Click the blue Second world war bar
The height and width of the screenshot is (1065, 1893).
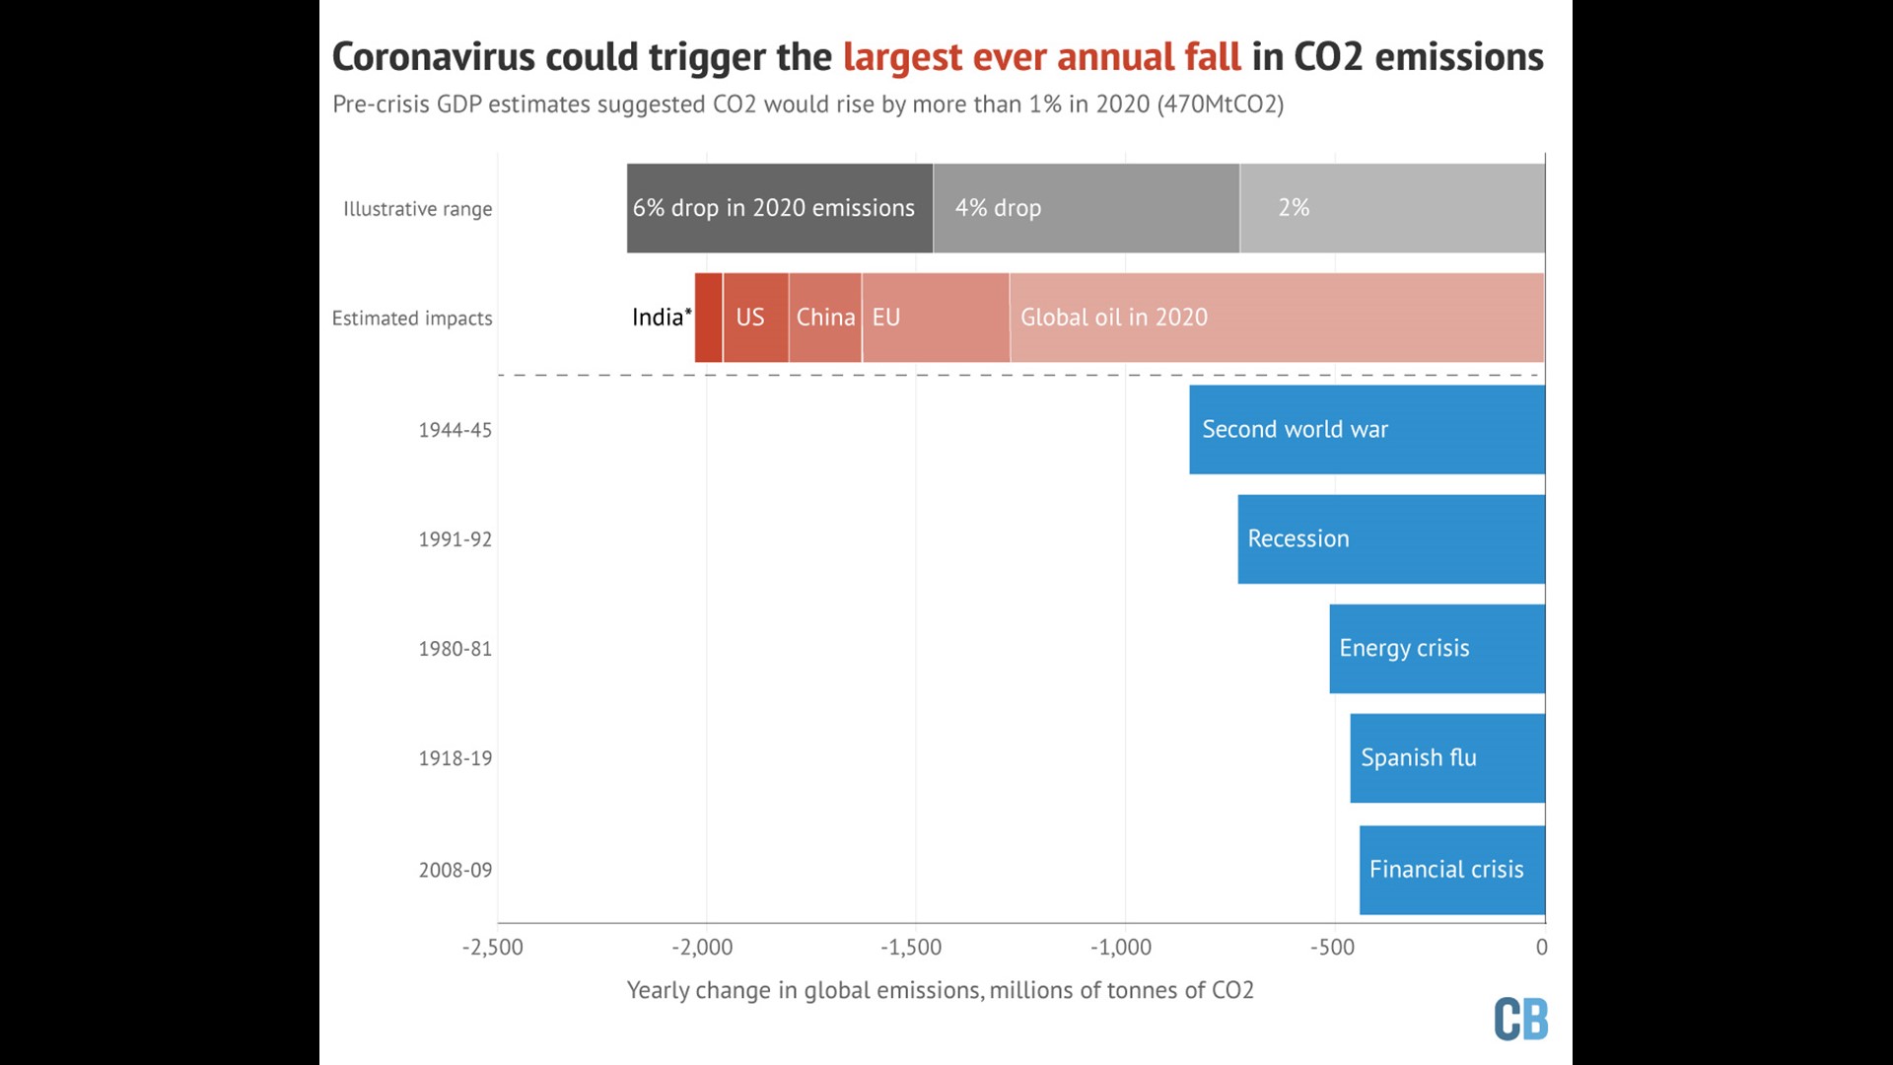pos(1367,430)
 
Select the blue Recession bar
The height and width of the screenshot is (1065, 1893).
pos(1391,539)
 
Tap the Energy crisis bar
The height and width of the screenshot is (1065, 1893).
pos(1437,649)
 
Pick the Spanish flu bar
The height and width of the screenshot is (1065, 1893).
pos(1447,758)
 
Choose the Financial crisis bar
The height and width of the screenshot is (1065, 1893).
pos(1451,870)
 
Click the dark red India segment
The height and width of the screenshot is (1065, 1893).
pos(708,318)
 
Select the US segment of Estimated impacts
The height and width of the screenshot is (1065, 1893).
pos(755,318)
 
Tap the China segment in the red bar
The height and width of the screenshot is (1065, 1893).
pos(825,318)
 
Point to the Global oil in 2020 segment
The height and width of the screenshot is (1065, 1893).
pos(1277,318)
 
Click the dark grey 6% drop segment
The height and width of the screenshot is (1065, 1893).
pos(779,208)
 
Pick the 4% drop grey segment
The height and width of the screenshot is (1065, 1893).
pos(1086,208)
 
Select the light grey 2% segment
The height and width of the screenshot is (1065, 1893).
pos(1392,208)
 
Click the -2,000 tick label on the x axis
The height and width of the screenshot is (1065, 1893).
pos(702,948)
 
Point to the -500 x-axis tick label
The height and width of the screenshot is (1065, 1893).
pos(1332,948)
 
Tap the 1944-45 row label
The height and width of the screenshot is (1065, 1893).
pos(455,430)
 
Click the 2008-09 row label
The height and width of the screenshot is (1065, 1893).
pos(455,870)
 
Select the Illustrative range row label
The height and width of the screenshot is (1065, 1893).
pos(417,209)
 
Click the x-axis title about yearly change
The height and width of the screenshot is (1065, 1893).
pos(940,990)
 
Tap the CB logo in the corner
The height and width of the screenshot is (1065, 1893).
pos(1520,1019)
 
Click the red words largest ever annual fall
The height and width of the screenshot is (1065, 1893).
pos(1041,57)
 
